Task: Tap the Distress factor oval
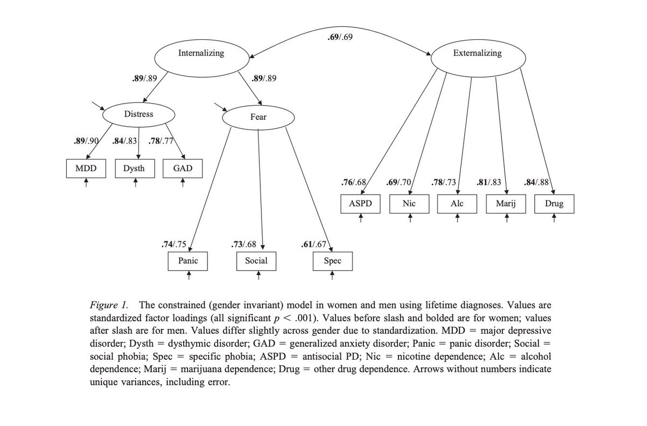click(139, 114)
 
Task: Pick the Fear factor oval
click(259, 117)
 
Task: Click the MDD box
click(86, 169)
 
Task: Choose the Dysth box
click(134, 169)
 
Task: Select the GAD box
click(183, 169)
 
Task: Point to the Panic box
click(188, 261)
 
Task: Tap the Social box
click(256, 261)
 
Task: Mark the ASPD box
click(360, 204)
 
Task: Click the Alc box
click(457, 204)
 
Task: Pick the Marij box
click(506, 204)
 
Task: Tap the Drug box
click(554, 204)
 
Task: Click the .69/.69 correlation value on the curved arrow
click(340, 38)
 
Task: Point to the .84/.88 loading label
click(536, 182)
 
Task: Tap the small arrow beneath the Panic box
click(189, 276)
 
